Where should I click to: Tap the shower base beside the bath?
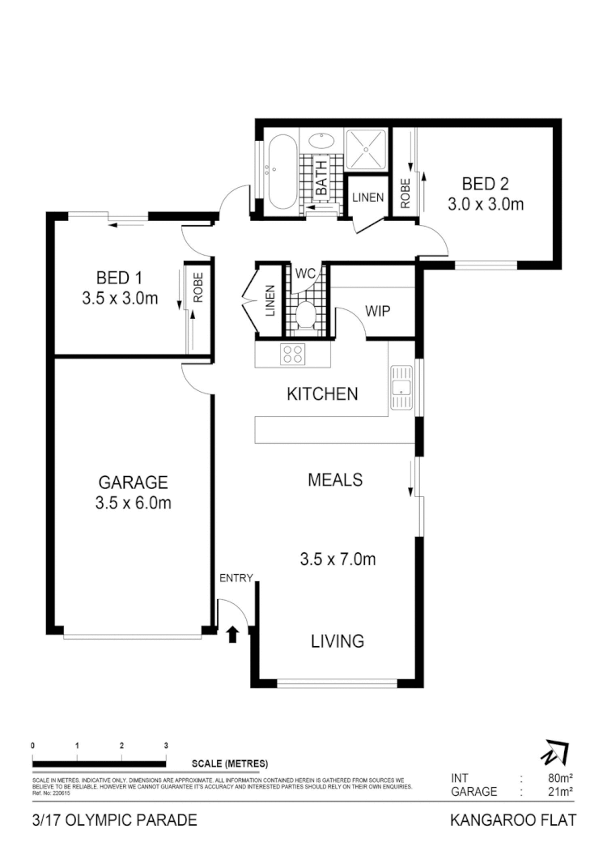368,151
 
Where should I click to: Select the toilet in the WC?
305,313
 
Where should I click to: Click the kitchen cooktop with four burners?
291,354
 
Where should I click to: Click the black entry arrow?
233,633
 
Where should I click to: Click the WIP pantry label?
379,310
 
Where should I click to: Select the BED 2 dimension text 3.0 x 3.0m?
486,204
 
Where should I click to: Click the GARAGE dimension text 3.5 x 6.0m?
133,503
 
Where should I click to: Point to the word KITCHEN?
322,394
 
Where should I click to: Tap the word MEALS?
335,479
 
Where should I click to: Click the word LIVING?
337,641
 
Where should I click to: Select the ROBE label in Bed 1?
197,287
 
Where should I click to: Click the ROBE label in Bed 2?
405,192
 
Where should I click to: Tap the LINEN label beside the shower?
367,198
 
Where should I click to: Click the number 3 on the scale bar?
166,745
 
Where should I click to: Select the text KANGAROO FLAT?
512,820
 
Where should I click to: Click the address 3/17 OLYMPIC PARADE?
114,820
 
